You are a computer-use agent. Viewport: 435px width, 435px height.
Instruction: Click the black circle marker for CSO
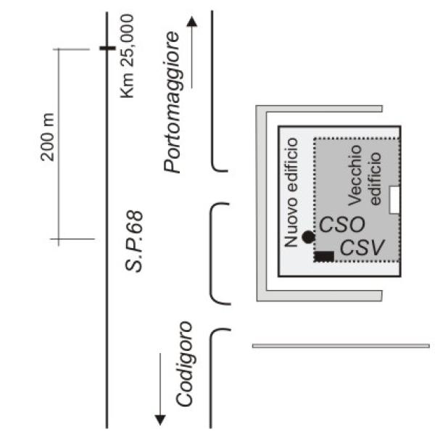click(x=308, y=237)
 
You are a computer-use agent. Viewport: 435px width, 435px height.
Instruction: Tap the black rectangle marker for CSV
click(x=324, y=257)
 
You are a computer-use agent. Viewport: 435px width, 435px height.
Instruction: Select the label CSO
click(x=342, y=225)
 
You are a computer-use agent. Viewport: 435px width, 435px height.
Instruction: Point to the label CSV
click(x=362, y=247)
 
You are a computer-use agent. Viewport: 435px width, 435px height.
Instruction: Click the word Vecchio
click(x=355, y=175)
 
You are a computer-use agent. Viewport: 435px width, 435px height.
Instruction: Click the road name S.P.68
click(x=134, y=241)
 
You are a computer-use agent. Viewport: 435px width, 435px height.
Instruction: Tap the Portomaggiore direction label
click(x=172, y=102)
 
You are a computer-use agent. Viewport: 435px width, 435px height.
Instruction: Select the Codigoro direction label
click(x=184, y=364)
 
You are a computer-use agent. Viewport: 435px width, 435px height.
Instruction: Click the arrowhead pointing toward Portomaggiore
click(x=191, y=22)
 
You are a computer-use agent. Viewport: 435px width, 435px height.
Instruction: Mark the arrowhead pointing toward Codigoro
click(x=160, y=420)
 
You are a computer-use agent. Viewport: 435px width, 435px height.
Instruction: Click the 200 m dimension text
click(x=47, y=137)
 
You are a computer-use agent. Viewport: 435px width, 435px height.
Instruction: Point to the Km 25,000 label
click(x=127, y=56)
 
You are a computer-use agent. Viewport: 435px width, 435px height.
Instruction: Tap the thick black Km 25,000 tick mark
click(x=107, y=49)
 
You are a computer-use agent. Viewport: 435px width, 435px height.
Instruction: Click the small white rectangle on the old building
click(x=394, y=200)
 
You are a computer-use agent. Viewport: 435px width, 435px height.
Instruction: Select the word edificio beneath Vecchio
click(x=376, y=178)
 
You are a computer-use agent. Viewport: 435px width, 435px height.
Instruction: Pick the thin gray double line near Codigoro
click(x=341, y=346)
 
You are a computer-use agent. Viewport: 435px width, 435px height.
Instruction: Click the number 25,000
click(x=127, y=40)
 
